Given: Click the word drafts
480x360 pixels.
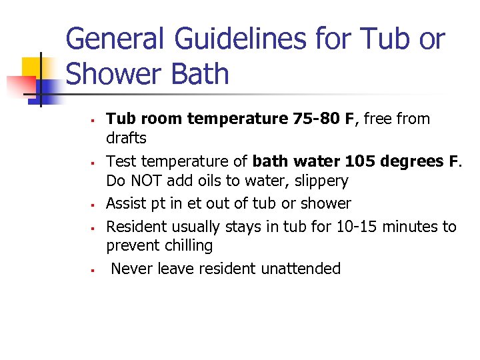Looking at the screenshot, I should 126,137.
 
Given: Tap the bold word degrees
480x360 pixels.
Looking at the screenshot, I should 411,161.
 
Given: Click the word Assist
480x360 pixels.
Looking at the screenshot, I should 126,203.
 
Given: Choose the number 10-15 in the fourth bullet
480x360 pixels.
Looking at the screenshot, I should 355,227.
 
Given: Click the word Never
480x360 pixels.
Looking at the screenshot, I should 132,269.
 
